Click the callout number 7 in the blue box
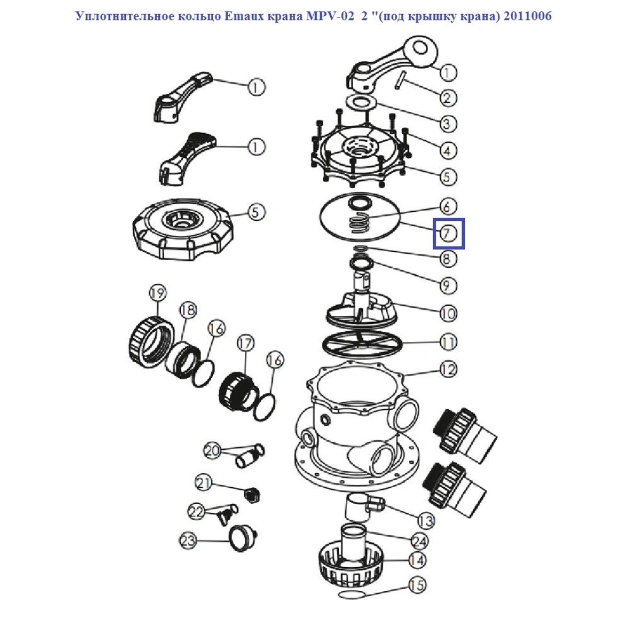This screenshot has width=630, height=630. (x=448, y=233)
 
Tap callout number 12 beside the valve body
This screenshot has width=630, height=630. (x=448, y=369)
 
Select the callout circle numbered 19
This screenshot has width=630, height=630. (x=157, y=292)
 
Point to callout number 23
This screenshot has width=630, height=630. (x=188, y=540)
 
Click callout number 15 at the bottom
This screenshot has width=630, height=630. (x=418, y=584)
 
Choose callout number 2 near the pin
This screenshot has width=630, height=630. (x=448, y=97)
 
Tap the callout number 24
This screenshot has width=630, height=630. (x=419, y=541)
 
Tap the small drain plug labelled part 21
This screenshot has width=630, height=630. (x=253, y=495)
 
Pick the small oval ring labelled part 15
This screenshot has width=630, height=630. (x=351, y=594)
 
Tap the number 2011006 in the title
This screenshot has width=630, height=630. (x=527, y=16)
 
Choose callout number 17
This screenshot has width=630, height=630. (x=246, y=343)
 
